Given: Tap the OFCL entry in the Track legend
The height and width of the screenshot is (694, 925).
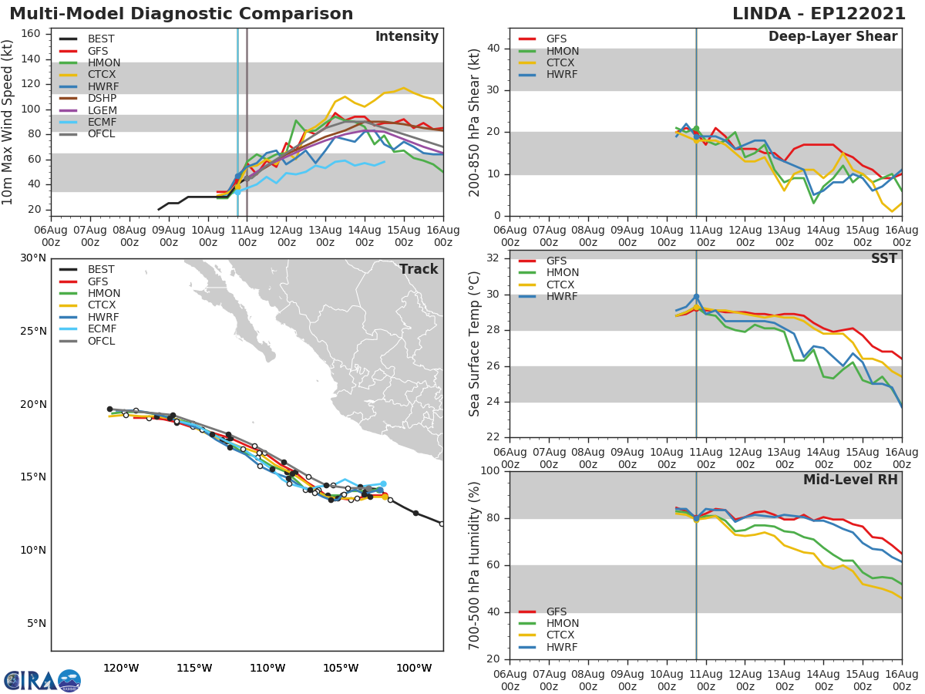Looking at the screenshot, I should pos(100,341).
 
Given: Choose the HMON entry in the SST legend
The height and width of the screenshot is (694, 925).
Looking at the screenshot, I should pos(562,273).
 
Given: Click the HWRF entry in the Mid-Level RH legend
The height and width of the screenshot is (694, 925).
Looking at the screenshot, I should pos(561,647).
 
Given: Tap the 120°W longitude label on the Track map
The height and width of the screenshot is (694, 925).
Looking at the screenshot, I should pos(121,668).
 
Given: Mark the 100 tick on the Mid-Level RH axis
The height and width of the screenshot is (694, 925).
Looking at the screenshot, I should pos(490,471).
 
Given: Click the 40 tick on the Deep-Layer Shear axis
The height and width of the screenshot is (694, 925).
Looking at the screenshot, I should pos(495,49).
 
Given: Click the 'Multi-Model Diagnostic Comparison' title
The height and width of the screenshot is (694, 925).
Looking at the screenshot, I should pos(181,14).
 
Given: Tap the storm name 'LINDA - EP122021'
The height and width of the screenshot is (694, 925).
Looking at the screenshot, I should pos(824,14).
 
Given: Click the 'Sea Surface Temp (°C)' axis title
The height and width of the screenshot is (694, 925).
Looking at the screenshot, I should pos(475,343).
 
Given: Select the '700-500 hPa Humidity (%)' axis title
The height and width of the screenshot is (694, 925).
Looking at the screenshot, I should pos(475,565).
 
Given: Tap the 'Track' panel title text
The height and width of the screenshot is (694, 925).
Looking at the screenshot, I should pos(418,269).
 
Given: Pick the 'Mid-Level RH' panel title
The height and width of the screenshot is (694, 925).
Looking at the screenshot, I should pos(849,480).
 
